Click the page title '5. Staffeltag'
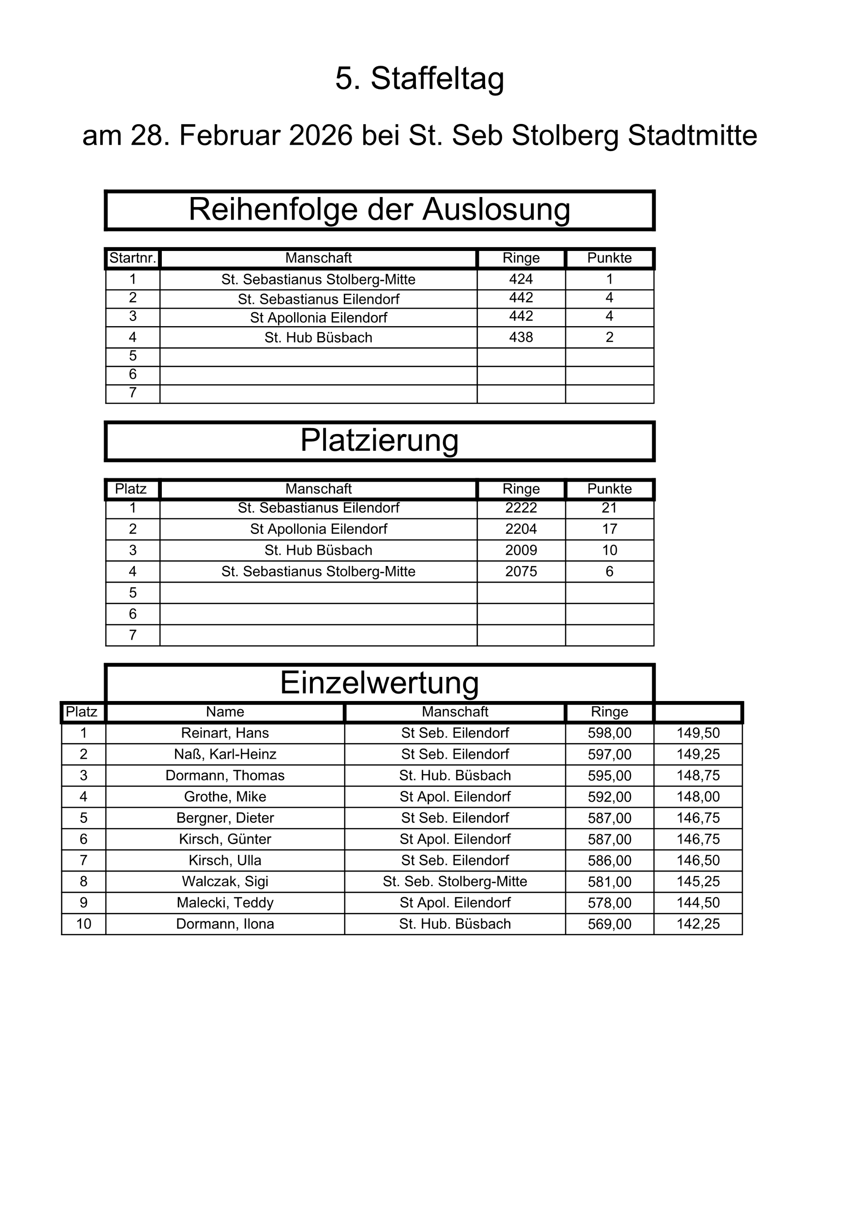tap(420, 79)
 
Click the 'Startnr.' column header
tap(132, 259)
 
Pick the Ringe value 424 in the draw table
tap(521, 279)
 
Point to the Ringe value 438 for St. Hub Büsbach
tap(521, 337)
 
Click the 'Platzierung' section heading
tap(379, 440)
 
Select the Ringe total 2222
tap(521, 508)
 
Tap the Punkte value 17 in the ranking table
tap(609, 529)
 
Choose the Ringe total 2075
tap(521, 572)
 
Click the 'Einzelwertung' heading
tap(379, 683)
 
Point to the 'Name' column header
tap(225, 712)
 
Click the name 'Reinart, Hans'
tap(225, 733)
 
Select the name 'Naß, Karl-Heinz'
tap(225, 755)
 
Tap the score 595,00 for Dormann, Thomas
tap(609, 776)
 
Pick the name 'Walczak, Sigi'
tap(225, 882)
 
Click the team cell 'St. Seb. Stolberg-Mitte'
tap(455, 882)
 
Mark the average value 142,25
tap(698, 924)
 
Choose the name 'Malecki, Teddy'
tap(225, 903)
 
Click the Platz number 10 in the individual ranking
tap(84, 924)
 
